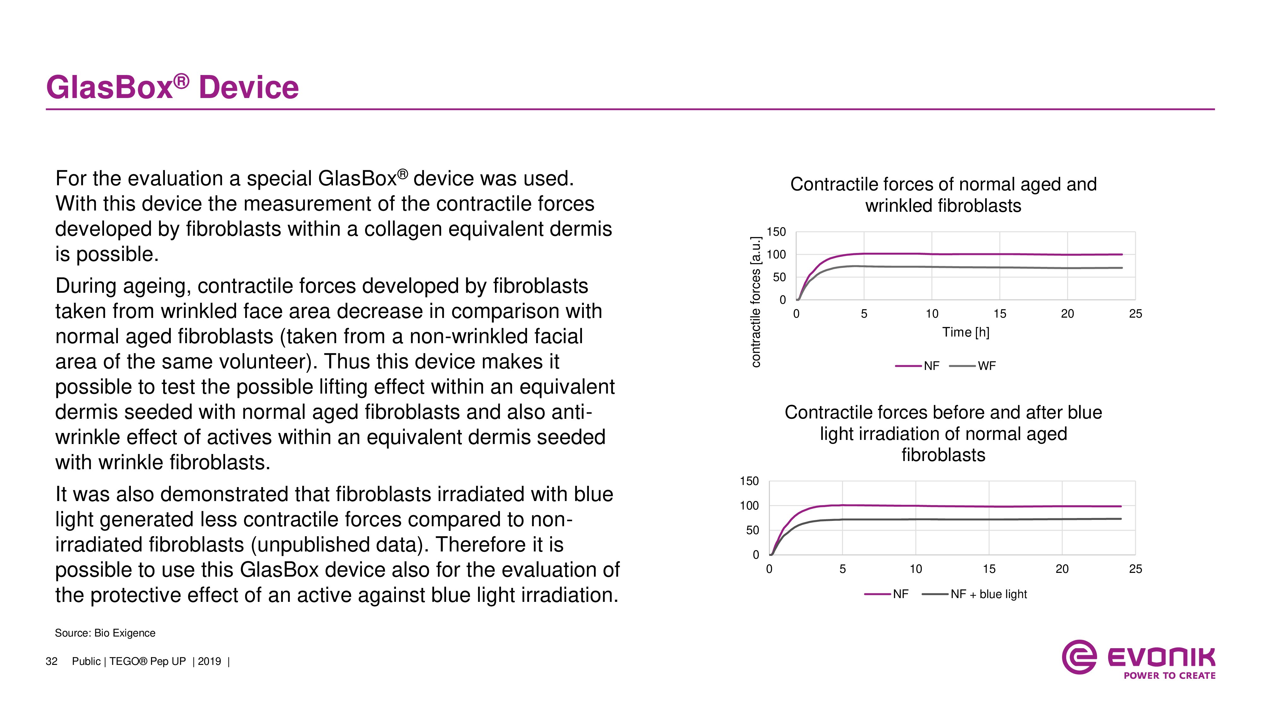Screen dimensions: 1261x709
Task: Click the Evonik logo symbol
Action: [1078, 657]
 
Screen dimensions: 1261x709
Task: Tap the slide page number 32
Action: [51, 661]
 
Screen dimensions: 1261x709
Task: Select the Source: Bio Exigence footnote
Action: [105, 633]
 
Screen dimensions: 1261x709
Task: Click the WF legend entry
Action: [972, 366]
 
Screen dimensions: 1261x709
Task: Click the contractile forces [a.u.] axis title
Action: [756, 302]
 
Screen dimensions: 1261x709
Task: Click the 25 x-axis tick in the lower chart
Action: [1135, 569]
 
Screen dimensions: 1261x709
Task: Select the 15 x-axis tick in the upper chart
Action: [1000, 314]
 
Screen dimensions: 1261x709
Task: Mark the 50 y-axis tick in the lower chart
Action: [753, 530]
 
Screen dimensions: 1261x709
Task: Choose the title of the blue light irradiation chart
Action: [943, 434]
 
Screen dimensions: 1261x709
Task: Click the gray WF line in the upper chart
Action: [959, 267]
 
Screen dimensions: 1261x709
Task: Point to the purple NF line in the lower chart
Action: [945, 506]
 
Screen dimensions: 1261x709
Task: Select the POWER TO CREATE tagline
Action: [1170, 676]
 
